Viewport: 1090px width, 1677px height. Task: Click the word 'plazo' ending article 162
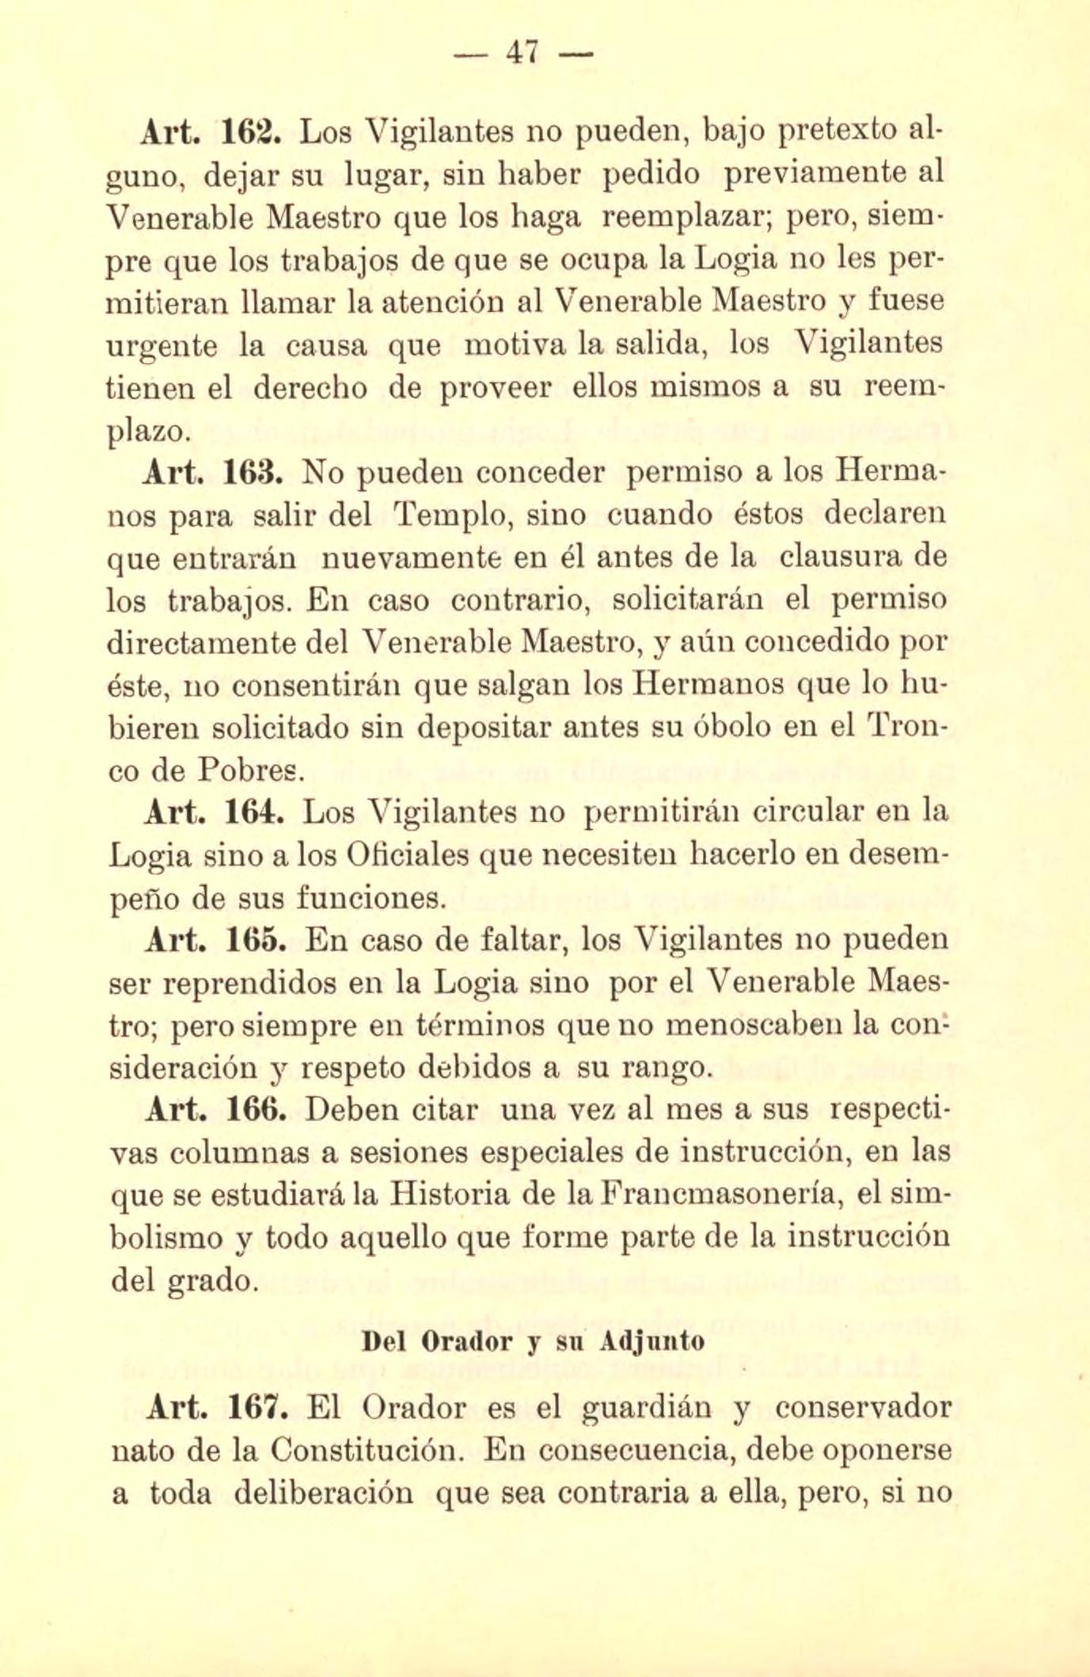[x=146, y=432]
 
